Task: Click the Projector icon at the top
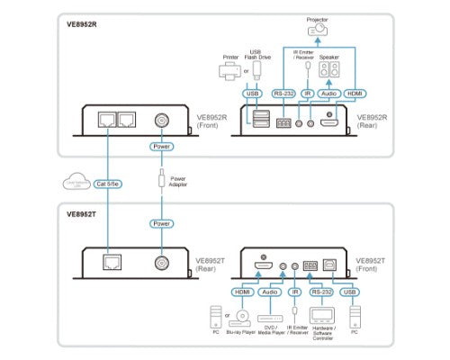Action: (x=318, y=31)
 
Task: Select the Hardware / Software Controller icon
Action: (x=321, y=316)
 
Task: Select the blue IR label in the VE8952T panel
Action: (x=296, y=291)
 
